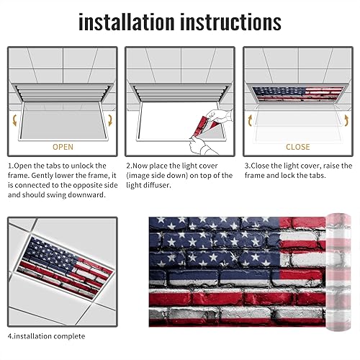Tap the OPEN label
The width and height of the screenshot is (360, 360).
pyautogui.click(x=63, y=147)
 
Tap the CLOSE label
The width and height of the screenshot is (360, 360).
pyautogui.click(x=297, y=147)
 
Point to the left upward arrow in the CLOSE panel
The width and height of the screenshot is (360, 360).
pyautogui.click(x=250, y=119)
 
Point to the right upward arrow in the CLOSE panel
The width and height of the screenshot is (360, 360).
pyautogui.click(x=345, y=119)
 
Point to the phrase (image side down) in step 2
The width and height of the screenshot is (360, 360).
pyautogui.click(x=159, y=176)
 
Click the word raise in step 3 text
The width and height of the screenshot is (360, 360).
pyautogui.click(x=333, y=166)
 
